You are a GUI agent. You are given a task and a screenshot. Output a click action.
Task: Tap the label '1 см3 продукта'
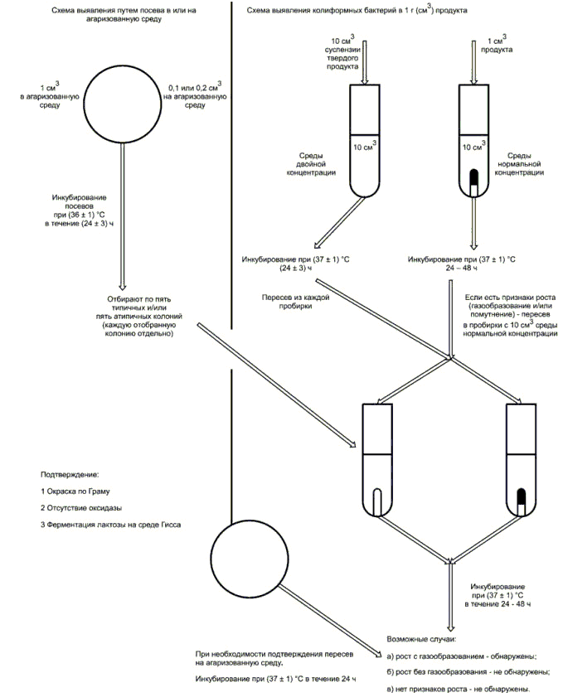pyautogui.click(x=497, y=44)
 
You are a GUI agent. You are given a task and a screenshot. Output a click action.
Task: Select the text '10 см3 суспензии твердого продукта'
pyautogui.click(x=342, y=53)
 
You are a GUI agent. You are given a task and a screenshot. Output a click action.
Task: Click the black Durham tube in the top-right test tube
pyautogui.click(x=474, y=182)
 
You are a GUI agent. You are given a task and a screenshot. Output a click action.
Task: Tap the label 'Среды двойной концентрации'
pyautogui.click(x=311, y=164)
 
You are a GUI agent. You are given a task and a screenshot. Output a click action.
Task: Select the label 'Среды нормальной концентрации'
pyautogui.click(x=519, y=164)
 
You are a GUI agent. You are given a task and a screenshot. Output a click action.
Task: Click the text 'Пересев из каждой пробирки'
pyautogui.click(x=295, y=302)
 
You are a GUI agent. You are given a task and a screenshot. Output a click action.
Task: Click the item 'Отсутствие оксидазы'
pyautogui.click(x=81, y=508)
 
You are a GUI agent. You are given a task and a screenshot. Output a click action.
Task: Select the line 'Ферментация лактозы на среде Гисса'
pyautogui.click(x=111, y=525)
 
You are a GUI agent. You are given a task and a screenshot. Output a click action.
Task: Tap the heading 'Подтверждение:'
pyautogui.click(x=70, y=474)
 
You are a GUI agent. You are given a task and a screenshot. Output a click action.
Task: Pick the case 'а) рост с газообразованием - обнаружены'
pyautogui.click(x=461, y=656)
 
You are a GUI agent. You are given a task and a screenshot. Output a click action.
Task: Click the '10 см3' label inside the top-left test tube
pyautogui.click(x=365, y=145)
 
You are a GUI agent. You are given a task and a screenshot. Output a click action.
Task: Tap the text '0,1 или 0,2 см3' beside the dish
pyautogui.click(x=195, y=87)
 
